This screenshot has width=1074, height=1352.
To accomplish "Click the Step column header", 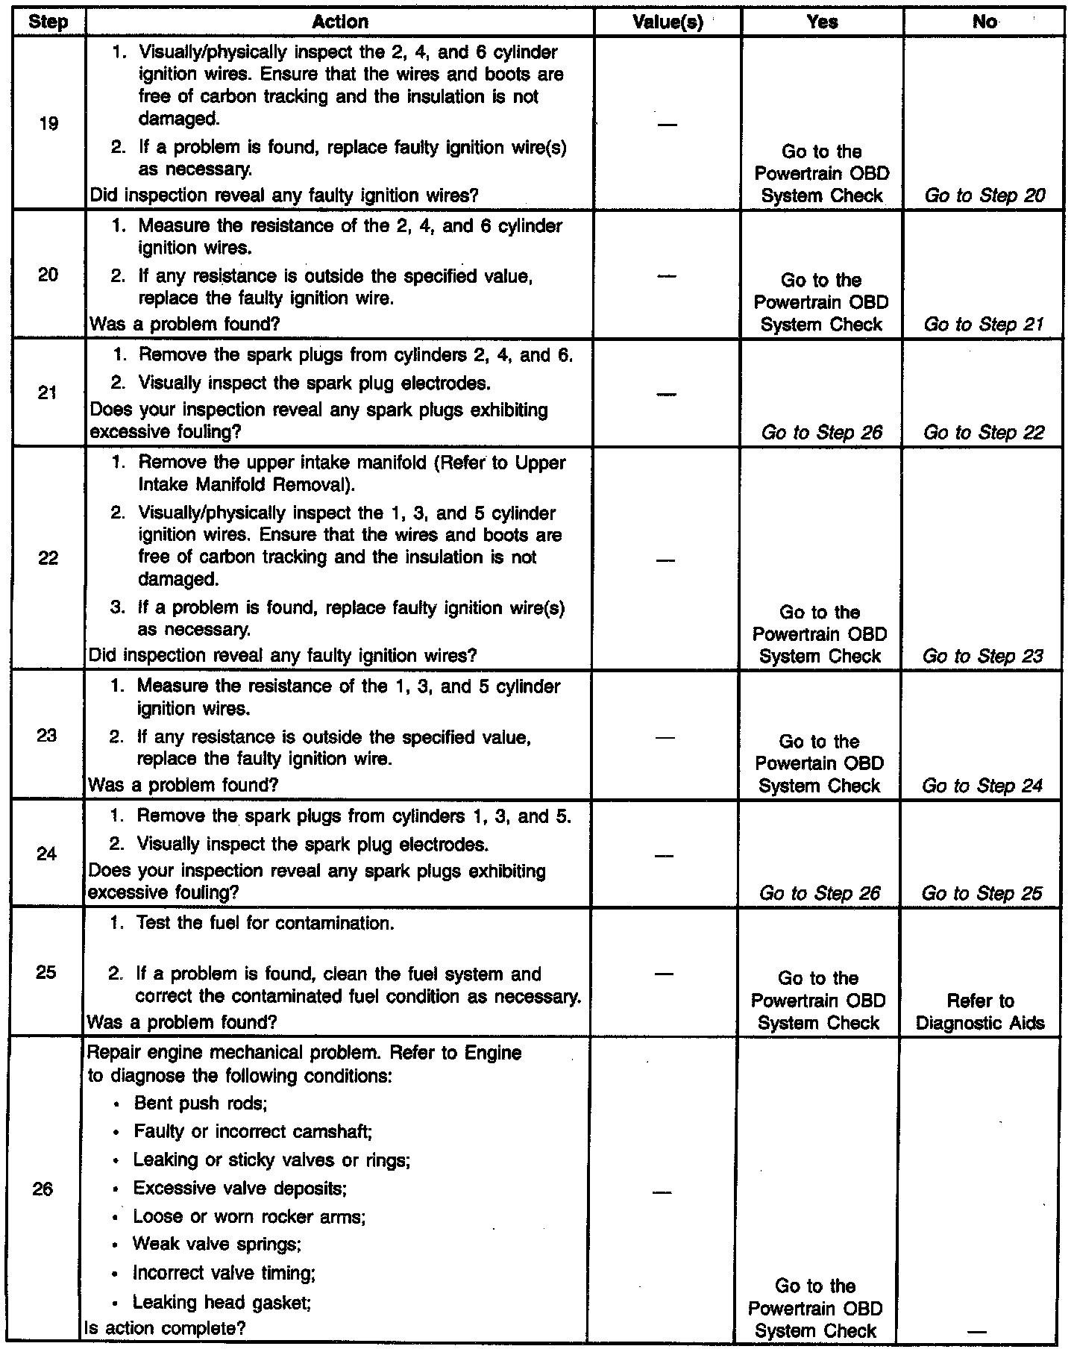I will [48, 22].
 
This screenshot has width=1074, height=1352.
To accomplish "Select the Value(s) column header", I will [668, 22].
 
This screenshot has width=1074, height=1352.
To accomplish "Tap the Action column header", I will [340, 22].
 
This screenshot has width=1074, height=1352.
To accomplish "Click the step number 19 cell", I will [48, 123].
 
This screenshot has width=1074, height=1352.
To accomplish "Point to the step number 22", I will [48, 557].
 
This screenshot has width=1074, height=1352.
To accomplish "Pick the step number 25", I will [46, 972].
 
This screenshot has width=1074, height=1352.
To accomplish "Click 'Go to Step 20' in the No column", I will [984, 195].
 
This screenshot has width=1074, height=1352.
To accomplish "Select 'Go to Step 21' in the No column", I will [983, 324].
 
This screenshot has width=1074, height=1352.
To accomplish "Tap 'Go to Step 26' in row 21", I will [822, 432].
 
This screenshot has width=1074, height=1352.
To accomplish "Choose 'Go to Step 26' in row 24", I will [820, 893].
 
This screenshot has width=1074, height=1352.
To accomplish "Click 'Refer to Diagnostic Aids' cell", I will [980, 1012].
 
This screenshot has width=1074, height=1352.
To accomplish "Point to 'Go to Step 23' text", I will [982, 656].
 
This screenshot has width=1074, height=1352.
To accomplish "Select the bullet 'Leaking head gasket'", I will [222, 1302].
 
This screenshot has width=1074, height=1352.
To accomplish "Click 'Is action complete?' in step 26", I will [165, 1328].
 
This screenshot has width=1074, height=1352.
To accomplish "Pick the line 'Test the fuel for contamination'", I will [265, 923].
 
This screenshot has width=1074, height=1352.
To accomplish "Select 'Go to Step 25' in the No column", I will [982, 893].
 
